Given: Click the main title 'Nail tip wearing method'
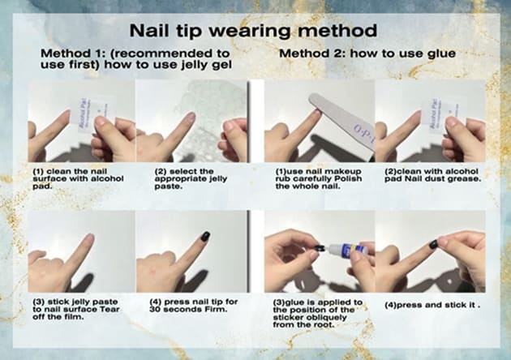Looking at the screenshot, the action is pyautogui.click(x=253, y=31).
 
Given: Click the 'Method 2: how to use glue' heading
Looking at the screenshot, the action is pyautogui.click(x=367, y=54).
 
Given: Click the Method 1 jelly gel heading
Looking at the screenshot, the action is pyautogui.click(x=136, y=59).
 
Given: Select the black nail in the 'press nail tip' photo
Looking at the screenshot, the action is pyautogui.click(x=205, y=236).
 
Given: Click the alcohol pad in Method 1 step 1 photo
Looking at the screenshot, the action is pyautogui.click(x=92, y=115).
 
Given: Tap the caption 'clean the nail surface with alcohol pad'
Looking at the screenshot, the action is pyautogui.click(x=78, y=179).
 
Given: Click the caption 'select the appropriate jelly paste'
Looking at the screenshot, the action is pyautogui.click(x=191, y=179).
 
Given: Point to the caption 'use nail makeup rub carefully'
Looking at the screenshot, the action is pyautogui.click(x=319, y=179).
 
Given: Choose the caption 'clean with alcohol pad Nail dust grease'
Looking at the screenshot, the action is pyautogui.click(x=432, y=175).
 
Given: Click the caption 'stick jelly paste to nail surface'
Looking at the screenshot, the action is pyautogui.click(x=76, y=309).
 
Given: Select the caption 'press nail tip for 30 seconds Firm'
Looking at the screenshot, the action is pyautogui.click(x=194, y=306).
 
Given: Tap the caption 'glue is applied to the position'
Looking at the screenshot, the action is pyautogui.click(x=318, y=314).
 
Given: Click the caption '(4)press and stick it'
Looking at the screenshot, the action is pyautogui.click(x=432, y=305).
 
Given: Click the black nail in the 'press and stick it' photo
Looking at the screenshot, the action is pyautogui.click(x=433, y=244).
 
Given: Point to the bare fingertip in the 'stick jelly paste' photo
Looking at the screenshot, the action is pyautogui.click(x=88, y=239).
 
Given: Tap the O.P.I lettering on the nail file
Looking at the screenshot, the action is pyautogui.click(x=363, y=134).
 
